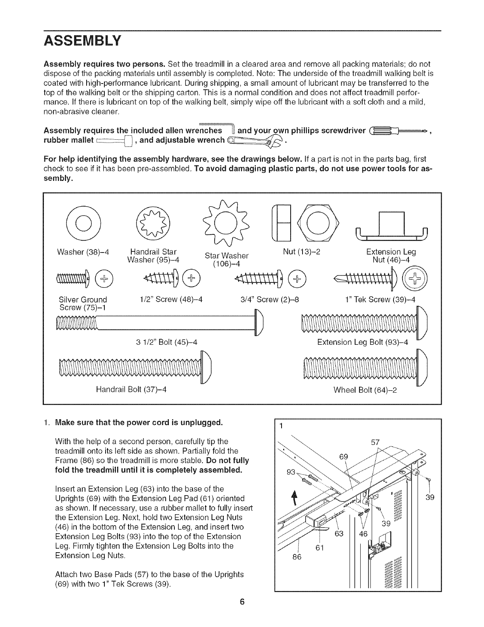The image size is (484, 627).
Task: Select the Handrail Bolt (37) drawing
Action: pos(134,368)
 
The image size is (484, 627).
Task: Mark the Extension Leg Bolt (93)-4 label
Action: pos(362,342)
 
